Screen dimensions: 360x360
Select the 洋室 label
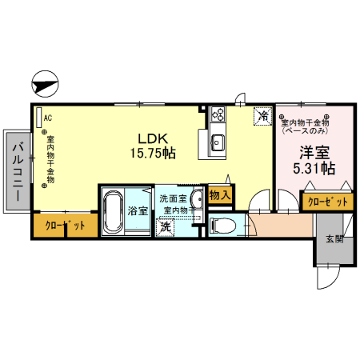[x=314, y=152]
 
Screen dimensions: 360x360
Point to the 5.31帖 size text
[x=314, y=169]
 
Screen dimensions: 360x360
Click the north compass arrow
[x=46, y=82]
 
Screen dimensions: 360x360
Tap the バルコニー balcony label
[x=17, y=171]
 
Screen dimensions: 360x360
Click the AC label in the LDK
[x=47, y=118]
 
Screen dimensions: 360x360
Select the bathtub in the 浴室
[x=113, y=210]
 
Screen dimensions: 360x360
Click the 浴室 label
[x=138, y=211]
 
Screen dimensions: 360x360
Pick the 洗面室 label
[x=173, y=198]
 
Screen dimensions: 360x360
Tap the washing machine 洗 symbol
[x=165, y=227]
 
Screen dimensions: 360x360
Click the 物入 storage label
[x=219, y=194]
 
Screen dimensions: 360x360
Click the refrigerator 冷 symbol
[x=262, y=116]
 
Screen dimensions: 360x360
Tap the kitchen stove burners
[x=218, y=116]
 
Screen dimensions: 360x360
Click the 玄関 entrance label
[x=334, y=239]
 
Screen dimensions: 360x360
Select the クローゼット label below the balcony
[x=65, y=226]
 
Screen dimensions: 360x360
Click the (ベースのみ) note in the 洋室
[x=305, y=130]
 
